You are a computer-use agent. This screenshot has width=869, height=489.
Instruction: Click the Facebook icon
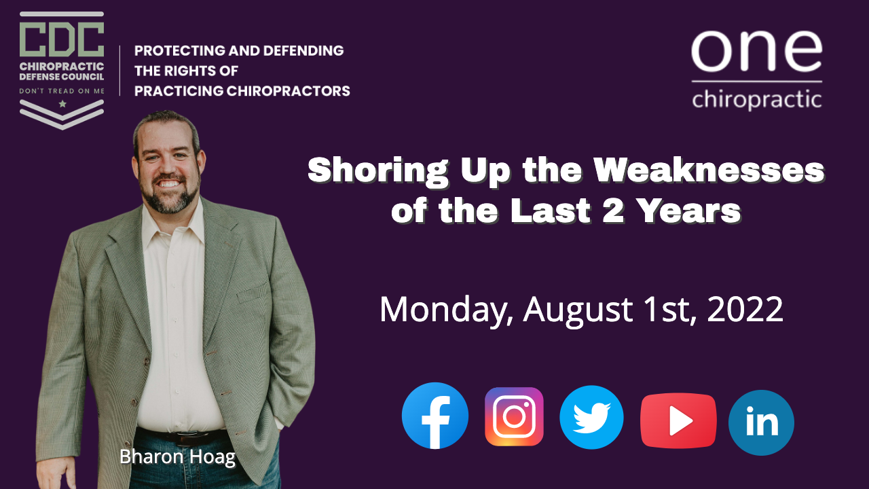click(x=435, y=416)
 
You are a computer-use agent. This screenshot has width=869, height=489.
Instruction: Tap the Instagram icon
click(x=514, y=416)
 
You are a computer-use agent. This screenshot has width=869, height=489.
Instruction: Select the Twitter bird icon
click(x=591, y=417)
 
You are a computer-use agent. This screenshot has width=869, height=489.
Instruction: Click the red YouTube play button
click(x=678, y=420)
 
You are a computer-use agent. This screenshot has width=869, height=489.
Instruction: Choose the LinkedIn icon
click(x=761, y=422)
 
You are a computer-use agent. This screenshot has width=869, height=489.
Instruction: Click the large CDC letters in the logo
click(x=62, y=39)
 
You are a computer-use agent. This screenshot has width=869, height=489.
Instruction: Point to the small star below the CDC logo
click(x=62, y=104)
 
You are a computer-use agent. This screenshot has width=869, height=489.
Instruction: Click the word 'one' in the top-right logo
click(x=756, y=51)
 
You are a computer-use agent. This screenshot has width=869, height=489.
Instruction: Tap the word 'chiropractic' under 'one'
click(x=757, y=99)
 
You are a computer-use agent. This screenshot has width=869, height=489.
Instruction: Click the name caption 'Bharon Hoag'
click(x=178, y=457)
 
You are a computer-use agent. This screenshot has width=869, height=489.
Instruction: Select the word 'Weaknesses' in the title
click(x=709, y=170)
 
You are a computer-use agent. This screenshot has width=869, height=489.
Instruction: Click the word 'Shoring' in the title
click(x=378, y=170)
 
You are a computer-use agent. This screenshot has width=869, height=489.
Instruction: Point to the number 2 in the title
click(x=613, y=211)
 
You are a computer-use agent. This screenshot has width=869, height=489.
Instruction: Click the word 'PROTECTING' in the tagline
click(x=178, y=50)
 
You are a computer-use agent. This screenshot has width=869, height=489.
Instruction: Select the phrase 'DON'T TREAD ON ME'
click(x=62, y=91)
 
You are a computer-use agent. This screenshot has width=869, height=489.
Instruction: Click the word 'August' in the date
click(x=578, y=310)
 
